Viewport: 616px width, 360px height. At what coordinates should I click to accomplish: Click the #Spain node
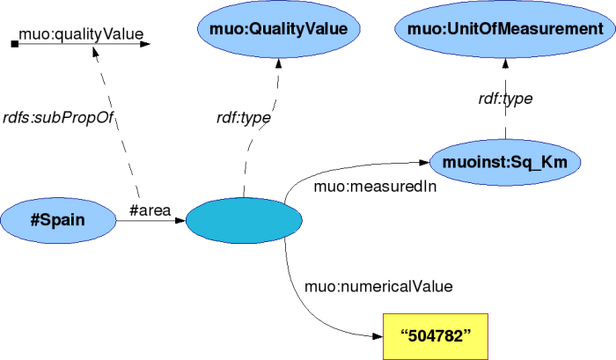click(x=58, y=219)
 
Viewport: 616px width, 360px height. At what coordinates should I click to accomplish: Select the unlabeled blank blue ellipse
click(x=245, y=219)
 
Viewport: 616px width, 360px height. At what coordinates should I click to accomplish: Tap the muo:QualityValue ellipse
click(x=279, y=30)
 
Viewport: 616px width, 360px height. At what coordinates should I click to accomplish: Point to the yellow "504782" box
click(x=436, y=335)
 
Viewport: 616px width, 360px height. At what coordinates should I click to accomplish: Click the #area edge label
click(x=149, y=209)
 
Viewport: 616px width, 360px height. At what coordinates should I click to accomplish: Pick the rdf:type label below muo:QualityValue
click(x=244, y=116)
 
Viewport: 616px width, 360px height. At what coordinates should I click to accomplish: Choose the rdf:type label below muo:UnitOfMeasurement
click(x=505, y=99)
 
